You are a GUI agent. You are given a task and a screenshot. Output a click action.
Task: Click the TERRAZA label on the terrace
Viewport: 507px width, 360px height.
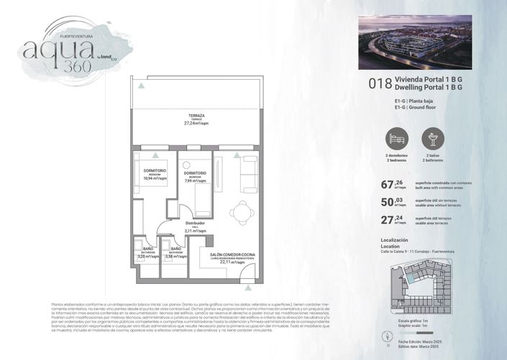(196, 116)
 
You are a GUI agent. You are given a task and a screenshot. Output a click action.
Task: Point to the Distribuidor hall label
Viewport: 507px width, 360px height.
(196, 223)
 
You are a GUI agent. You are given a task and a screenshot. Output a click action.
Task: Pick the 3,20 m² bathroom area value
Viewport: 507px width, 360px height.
(146, 255)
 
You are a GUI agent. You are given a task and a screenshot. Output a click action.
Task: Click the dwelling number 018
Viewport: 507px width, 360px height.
(380, 83)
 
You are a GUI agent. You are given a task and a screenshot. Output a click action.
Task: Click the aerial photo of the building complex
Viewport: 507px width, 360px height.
(414, 42)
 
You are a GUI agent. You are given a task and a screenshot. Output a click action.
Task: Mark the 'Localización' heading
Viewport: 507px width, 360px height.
(394, 239)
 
